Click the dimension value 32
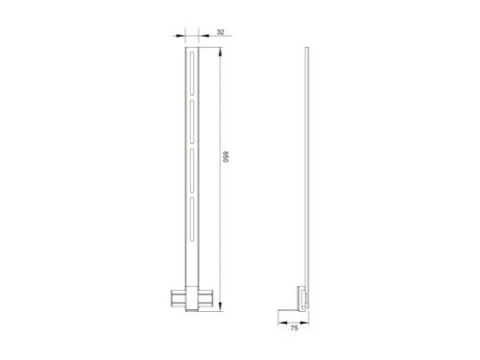220,32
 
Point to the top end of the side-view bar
307,49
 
